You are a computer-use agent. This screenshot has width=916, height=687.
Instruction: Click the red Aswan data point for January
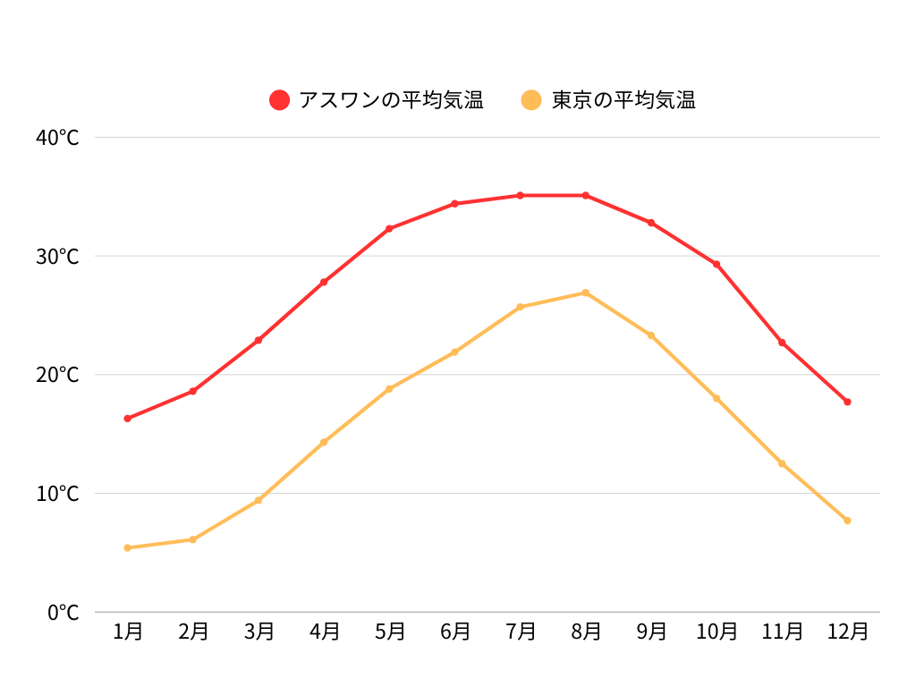(128, 419)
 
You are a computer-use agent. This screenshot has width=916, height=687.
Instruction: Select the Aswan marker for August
(586, 195)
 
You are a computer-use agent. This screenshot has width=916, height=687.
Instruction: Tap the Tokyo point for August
(586, 293)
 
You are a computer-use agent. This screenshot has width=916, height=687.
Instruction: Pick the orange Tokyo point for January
(128, 547)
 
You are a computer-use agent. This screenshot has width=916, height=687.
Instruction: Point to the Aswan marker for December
(847, 402)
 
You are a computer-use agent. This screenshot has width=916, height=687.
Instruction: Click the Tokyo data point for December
(847, 521)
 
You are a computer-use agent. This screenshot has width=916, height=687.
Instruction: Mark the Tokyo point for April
(324, 442)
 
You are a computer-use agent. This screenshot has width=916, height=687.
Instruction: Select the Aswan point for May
(389, 229)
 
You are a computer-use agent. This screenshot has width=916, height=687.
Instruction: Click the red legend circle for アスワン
(280, 100)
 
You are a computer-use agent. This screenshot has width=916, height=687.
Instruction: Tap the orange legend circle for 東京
(532, 100)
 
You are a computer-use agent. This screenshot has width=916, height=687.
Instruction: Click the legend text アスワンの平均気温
(391, 100)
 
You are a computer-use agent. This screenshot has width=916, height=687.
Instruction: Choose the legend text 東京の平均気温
(623, 100)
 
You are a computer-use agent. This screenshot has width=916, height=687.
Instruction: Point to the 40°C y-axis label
(58, 138)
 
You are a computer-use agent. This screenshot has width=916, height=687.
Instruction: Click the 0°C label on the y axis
(64, 613)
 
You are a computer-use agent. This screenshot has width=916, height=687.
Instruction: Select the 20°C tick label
(58, 375)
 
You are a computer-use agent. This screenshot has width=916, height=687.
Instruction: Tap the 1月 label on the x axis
(128, 632)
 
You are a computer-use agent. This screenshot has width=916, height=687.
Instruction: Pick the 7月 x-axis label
(521, 632)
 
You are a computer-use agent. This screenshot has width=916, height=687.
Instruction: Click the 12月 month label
(847, 632)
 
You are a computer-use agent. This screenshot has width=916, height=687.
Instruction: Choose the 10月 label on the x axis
(717, 632)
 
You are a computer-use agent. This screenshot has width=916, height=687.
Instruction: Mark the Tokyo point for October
(717, 398)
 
